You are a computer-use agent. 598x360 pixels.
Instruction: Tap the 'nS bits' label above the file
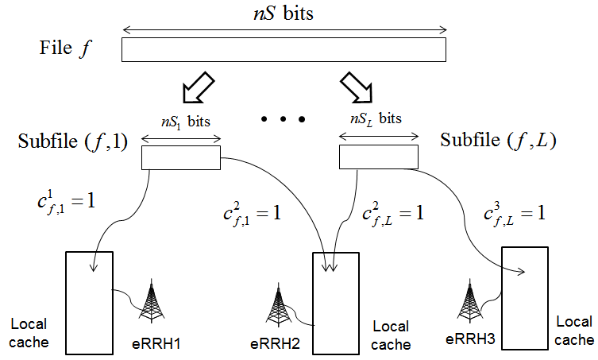click(284, 14)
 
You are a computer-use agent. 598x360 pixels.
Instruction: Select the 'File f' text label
click(66, 48)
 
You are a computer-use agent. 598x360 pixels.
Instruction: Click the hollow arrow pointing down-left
click(199, 87)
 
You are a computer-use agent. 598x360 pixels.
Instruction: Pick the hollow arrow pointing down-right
click(357, 87)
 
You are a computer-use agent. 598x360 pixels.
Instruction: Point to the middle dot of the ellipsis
click(283, 119)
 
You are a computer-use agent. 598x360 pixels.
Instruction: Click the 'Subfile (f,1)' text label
click(72, 141)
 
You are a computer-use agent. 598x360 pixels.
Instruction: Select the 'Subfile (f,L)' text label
click(498, 140)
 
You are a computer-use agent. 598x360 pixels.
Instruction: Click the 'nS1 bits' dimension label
click(186, 122)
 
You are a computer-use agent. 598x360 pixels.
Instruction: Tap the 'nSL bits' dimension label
click(376, 118)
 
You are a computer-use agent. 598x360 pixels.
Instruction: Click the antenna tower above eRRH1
click(152, 301)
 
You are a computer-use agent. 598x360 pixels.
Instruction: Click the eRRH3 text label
click(470, 339)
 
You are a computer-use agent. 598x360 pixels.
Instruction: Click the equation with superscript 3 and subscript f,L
click(515, 214)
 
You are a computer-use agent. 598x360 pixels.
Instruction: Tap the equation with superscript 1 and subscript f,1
click(66, 203)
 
